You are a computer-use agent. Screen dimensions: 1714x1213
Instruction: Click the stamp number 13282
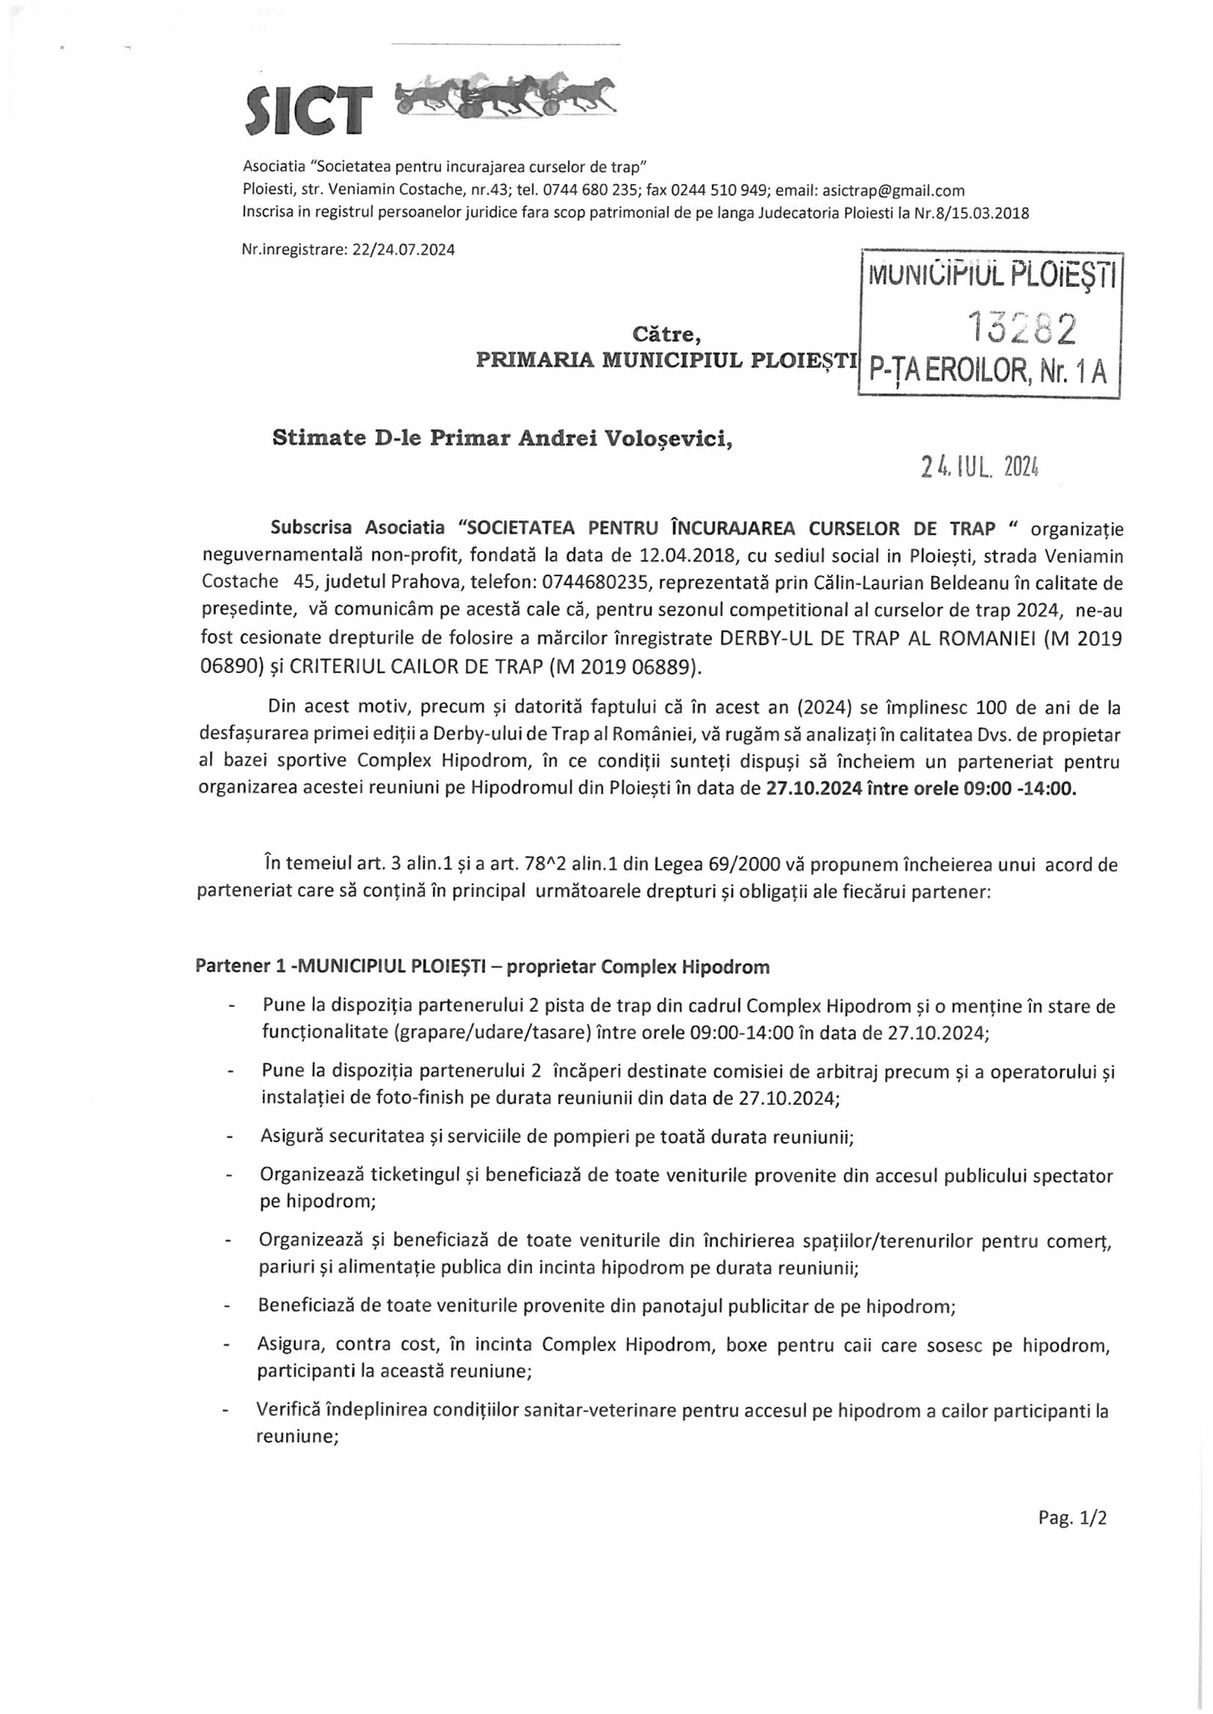click(x=1022, y=327)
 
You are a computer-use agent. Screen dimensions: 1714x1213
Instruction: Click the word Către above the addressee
click(x=666, y=334)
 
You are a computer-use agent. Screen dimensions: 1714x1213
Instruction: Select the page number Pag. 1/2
click(x=1072, y=1518)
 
